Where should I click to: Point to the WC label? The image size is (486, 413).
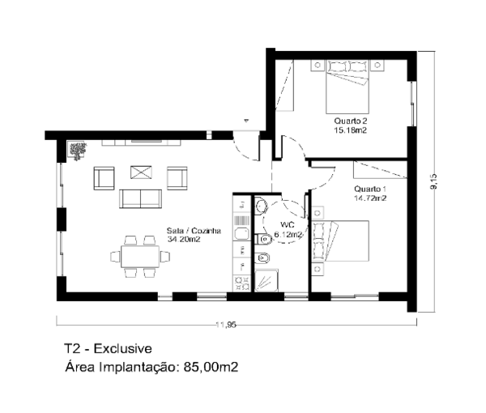point(287,224)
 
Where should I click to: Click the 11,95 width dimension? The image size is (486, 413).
point(226,325)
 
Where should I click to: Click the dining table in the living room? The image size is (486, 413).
point(140,257)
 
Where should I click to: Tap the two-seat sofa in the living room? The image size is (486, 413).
point(140,198)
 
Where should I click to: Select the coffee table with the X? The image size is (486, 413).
point(141,172)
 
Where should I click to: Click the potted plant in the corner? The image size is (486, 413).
point(77,151)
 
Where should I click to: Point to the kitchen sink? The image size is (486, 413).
point(241,233)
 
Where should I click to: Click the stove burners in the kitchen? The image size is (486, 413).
point(241,283)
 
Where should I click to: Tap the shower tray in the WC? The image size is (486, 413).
point(266,280)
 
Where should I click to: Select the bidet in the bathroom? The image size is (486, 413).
point(262,258)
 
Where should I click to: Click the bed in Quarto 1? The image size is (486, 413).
point(341,241)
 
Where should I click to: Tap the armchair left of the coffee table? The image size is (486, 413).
point(104,178)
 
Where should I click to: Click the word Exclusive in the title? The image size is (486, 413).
point(123,348)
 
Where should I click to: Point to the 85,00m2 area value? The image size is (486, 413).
point(211,367)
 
